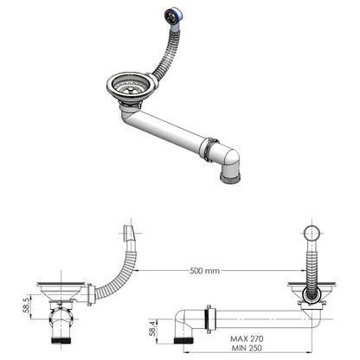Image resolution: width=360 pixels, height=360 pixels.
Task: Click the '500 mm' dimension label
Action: [204, 271]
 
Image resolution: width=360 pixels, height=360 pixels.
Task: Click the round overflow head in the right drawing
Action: [314, 235]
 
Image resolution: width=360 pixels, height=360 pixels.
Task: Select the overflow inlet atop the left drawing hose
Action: [130, 234]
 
